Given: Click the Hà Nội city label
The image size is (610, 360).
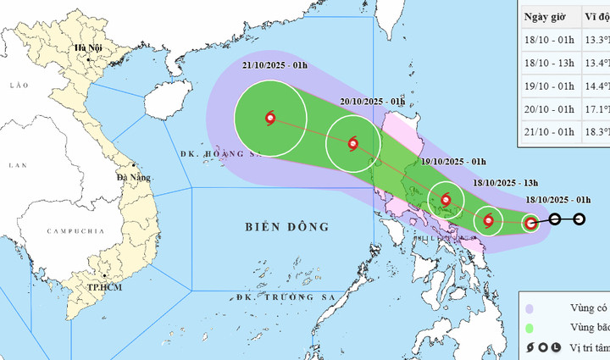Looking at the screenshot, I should coord(88,47).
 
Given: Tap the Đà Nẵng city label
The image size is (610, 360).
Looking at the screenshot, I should coord(135,178).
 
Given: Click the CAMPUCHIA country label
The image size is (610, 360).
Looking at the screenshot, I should coord(75,230).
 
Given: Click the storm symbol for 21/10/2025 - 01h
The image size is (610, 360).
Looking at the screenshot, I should coord(270,119).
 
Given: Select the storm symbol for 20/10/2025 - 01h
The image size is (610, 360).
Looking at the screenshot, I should coord(353,143).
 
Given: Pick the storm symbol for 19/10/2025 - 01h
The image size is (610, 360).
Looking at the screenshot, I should coord(446,201).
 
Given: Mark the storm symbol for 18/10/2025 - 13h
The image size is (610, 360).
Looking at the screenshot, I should coord(488,222).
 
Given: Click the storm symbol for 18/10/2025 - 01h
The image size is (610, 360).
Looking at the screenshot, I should coord(530,224).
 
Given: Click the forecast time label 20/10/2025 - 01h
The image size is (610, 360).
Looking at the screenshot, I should coord(372,102).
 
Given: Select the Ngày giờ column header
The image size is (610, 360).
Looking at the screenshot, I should coord(547,18).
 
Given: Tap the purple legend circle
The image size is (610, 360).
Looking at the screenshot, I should coord(530,309).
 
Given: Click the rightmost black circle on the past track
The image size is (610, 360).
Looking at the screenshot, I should coord(579,219).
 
